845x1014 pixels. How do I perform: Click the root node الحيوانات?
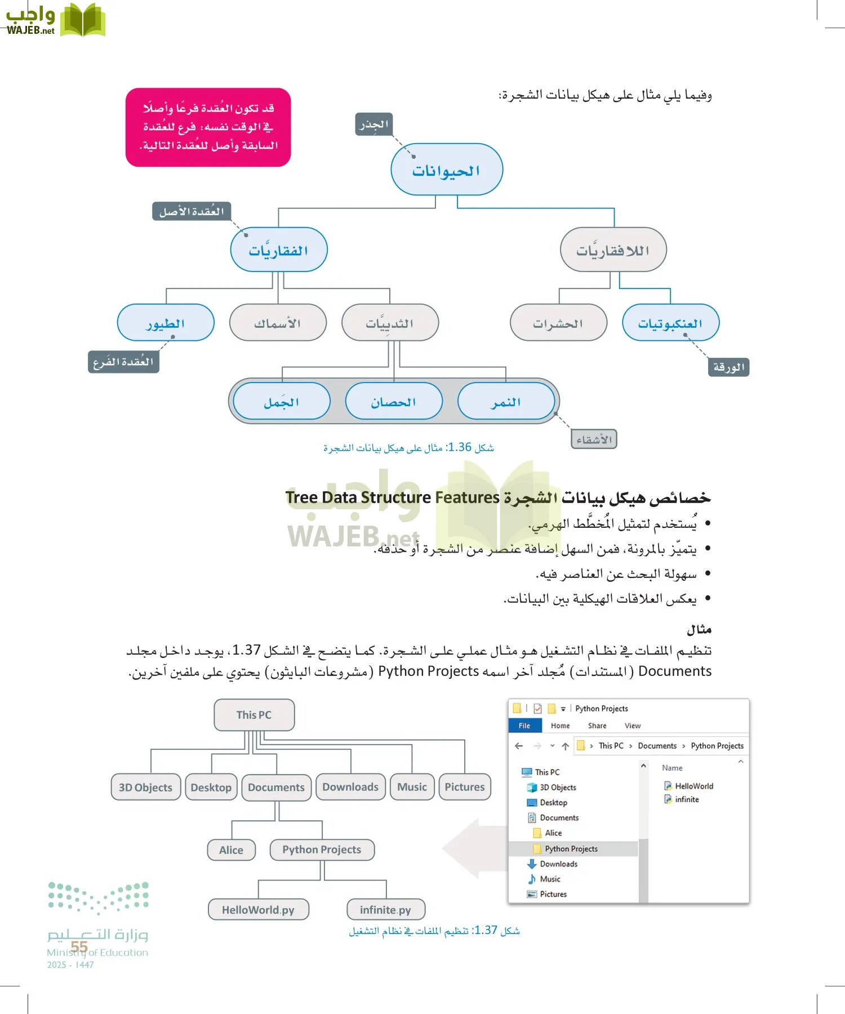[447, 170]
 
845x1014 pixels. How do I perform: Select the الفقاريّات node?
[279, 250]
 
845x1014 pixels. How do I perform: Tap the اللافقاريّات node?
[613, 250]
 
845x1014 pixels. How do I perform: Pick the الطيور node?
[166, 323]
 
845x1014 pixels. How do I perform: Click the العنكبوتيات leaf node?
[670, 323]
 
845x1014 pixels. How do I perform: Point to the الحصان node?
[394, 402]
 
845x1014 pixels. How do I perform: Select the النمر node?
[506, 402]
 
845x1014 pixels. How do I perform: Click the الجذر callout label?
[374, 124]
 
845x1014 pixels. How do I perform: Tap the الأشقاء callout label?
[594, 439]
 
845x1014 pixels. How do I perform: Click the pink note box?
[208, 127]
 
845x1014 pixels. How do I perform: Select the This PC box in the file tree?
[254, 715]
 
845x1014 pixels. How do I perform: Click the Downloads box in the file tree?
[350, 787]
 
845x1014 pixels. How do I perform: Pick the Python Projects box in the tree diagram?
[322, 850]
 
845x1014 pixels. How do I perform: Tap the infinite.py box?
[386, 910]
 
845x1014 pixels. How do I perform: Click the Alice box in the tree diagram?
[231, 850]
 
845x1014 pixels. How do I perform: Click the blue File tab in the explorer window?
[524, 726]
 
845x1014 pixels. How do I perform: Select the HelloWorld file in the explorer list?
[693, 786]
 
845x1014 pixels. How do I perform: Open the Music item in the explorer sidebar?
[550, 879]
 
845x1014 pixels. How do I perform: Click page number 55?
[79, 947]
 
